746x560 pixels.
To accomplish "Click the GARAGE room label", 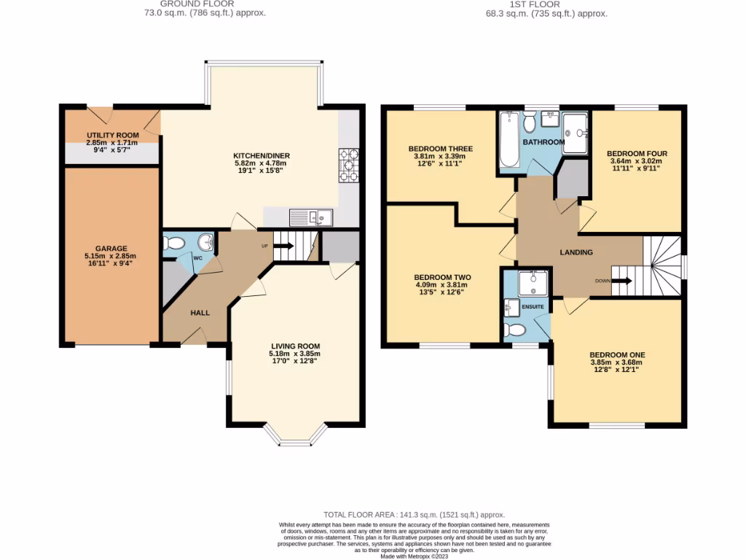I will pos(110,248).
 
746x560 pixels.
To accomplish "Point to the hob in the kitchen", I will pos(348,165).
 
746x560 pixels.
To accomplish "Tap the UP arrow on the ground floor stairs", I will pos(283,246).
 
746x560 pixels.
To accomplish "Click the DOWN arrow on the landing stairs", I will pos(621,280).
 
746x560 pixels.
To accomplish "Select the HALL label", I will pos(200,313).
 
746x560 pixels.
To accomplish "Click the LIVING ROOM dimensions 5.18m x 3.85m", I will pos(295,354).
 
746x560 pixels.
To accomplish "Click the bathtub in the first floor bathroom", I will pos(509,140).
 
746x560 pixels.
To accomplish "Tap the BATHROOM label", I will pos(543,142).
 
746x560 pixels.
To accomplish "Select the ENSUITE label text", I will pos(533,307).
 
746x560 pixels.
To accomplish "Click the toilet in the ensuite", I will pos(515,330).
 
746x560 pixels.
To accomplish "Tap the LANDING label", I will pos(576,252).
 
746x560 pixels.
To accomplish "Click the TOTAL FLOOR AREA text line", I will pos(414,515).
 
